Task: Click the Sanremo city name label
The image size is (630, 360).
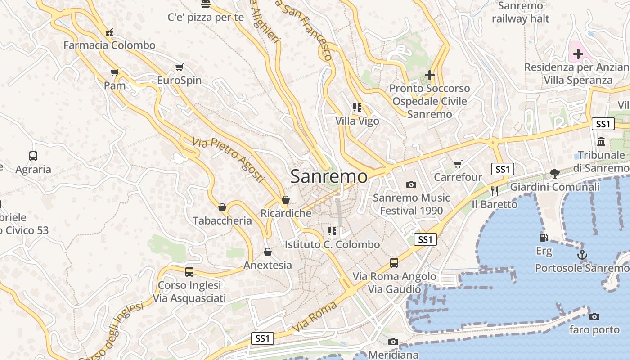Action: (328, 176)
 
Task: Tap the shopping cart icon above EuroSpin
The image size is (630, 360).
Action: (180, 67)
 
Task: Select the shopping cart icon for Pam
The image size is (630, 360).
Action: (115, 72)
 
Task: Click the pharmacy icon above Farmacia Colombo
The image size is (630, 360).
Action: (109, 32)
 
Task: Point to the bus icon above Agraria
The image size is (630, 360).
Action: (33, 156)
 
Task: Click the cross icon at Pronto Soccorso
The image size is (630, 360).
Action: (430, 75)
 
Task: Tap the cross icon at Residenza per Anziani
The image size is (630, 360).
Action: (578, 54)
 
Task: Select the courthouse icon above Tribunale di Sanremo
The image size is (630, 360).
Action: (601, 142)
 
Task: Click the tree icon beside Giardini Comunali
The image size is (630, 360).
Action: (554, 174)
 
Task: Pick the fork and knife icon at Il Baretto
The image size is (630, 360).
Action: (495, 191)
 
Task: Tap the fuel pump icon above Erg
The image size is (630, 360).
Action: (544, 237)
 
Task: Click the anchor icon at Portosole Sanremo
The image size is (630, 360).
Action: (582, 255)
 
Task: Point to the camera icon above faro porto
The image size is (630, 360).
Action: (594, 316)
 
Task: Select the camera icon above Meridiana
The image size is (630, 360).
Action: (393, 342)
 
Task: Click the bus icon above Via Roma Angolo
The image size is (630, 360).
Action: (394, 262)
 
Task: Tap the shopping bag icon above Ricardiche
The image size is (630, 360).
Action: (286, 200)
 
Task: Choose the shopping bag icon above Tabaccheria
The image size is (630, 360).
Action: (222, 207)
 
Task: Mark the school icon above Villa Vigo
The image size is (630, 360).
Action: (357, 108)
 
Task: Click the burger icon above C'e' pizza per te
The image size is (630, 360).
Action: (206, 4)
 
